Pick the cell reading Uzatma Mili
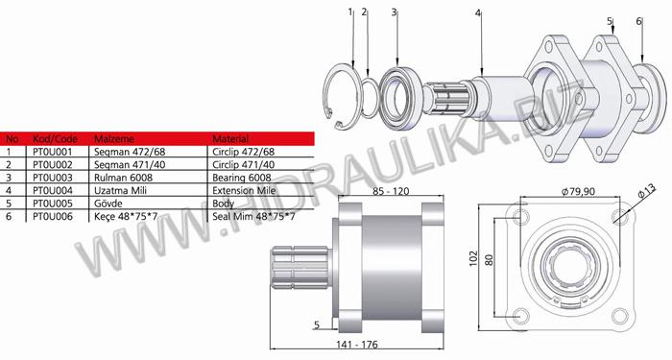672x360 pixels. [114, 191]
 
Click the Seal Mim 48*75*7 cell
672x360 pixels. [252, 217]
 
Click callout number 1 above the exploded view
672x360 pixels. [350, 12]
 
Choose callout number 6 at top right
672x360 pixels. [638, 20]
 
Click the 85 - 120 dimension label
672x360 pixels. [388, 192]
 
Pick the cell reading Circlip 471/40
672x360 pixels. [242, 165]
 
